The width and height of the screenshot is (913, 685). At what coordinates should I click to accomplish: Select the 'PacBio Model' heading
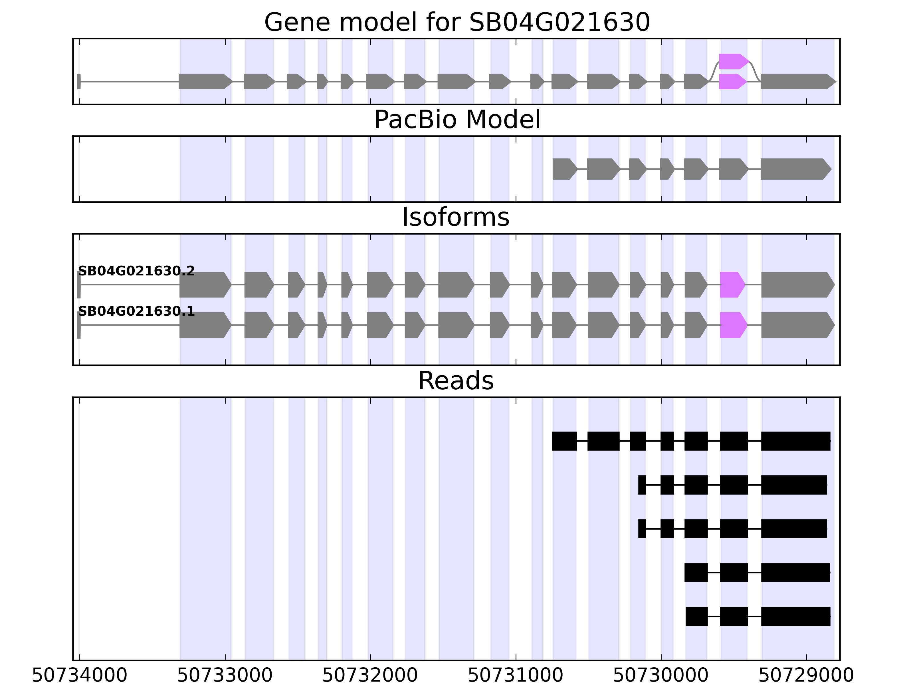point(457,120)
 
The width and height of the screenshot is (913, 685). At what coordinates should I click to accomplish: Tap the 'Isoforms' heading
point(456,217)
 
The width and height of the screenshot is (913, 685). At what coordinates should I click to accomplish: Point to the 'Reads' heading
point(456,381)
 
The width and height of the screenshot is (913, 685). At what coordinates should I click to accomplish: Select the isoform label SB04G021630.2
point(136,271)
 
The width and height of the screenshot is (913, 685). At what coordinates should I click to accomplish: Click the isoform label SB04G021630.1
point(136,311)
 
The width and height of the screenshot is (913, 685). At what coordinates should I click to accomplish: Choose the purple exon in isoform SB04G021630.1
point(733,325)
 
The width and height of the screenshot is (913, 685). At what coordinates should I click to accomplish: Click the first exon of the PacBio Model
point(564,169)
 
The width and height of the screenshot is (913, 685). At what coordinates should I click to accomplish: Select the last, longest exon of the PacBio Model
point(795,169)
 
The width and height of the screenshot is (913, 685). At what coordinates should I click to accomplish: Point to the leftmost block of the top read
point(564,441)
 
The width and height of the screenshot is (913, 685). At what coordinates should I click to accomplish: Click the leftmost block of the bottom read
point(696,616)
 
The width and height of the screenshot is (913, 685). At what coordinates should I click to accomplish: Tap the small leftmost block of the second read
point(642,485)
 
